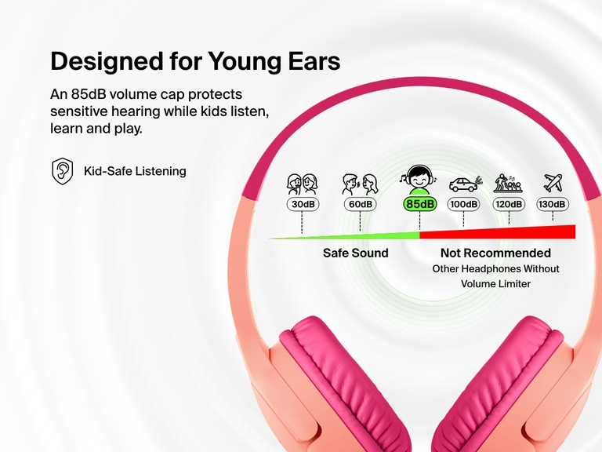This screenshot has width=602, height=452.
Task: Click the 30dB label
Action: [x=302, y=204]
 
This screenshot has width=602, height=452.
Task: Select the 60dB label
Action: [x=360, y=204]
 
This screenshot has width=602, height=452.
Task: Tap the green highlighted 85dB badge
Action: [x=419, y=204]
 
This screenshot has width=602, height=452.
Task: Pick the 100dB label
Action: [x=463, y=204]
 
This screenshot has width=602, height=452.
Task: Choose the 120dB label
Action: [x=508, y=204]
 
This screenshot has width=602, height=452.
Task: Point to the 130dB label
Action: [x=552, y=204]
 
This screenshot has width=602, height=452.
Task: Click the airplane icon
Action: [x=553, y=183]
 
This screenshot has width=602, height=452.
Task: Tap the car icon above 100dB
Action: [x=463, y=184]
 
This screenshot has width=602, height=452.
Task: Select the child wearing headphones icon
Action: [x=419, y=180]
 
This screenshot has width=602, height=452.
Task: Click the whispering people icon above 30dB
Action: [x=302, y=184]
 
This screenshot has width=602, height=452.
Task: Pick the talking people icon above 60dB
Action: [x=360, y=184]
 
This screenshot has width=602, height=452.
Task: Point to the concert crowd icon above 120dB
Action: [x=508, y=184]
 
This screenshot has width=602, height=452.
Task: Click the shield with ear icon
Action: [x=63, y=170]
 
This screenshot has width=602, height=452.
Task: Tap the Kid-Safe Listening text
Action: [x=135, y=170]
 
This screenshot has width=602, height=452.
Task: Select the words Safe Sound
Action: [x=355, y=253]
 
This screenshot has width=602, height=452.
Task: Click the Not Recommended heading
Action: [x=495, y=253]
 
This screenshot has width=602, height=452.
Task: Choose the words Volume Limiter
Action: [x=495, y=283]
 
